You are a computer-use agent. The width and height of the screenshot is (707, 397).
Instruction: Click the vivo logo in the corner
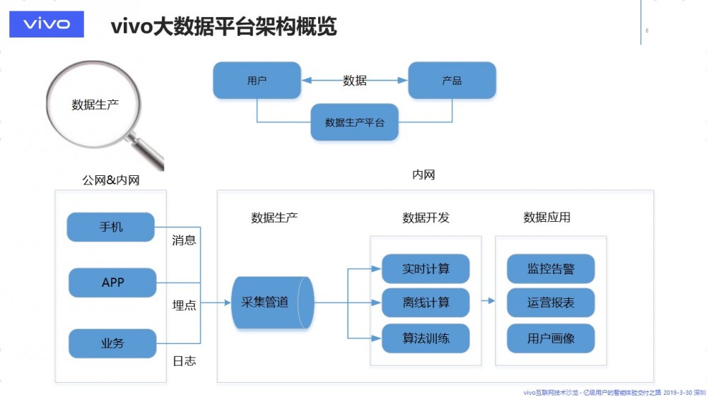click(47, 23)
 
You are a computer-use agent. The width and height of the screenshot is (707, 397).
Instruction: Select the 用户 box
click(257, 81)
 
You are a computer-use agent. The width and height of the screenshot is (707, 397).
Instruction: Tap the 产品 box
click(452, 81)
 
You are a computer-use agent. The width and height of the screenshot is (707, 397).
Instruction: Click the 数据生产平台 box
click(354, 122)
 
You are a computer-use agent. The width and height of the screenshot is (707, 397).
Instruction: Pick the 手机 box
click(111, 227)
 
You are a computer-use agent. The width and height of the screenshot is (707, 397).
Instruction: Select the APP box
click(112, 283)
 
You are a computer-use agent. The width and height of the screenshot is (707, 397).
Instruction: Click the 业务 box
click(112, 343)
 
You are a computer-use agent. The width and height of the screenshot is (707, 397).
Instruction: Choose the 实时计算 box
click(426, 269)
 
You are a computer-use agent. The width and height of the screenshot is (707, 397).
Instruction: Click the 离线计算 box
click(426, 302)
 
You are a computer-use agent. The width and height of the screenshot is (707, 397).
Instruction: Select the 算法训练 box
click(426, 338)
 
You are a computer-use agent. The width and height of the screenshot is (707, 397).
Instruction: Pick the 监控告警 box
click(551, 269)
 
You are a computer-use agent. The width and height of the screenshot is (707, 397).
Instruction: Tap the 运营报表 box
click(551, 302)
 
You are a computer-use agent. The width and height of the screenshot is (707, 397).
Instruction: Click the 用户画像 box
click(551, 338)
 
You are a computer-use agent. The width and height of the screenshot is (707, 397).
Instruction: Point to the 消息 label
click(185, 240)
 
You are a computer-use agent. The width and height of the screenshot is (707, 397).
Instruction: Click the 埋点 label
click(185, 305)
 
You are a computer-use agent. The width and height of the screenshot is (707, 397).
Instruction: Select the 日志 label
click(185, 361)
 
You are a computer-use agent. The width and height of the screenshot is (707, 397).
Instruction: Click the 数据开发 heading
click(426, 218)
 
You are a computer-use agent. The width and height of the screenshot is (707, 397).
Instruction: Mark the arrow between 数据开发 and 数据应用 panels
click(488, 301)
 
